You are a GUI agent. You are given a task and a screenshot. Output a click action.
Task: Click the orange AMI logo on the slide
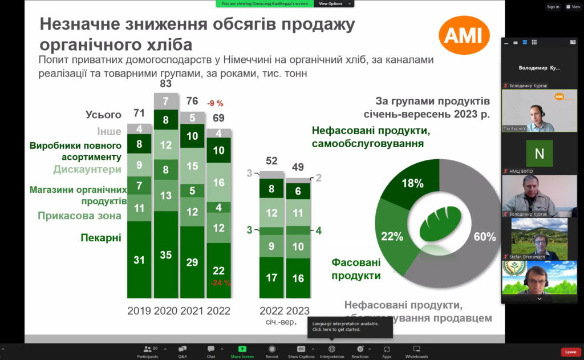pos(464,35)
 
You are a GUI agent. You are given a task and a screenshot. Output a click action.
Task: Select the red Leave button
pos(571,352)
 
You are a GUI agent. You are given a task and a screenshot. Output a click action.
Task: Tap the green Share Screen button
pos(242,351)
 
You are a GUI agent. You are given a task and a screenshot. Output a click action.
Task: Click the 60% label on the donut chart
pos(484,237)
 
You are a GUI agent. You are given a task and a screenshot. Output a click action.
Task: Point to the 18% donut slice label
pos(412,183)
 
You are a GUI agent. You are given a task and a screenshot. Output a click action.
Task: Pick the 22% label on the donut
pos(392,236)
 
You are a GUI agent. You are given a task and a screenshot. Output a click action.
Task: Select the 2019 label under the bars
pos(140,311)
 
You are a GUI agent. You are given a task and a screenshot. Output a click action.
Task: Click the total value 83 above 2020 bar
pos(166,84)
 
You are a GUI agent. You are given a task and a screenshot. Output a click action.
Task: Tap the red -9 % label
pos(215,103)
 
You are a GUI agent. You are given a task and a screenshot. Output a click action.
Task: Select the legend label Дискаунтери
pos(87,169)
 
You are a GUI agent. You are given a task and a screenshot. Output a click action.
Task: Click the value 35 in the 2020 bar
pos(166,255)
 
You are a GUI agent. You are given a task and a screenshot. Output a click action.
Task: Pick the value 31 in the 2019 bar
pos(139,260)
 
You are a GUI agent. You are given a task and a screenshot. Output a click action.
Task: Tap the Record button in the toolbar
pos(271,351)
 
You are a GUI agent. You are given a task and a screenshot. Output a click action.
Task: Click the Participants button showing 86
pos(147,351)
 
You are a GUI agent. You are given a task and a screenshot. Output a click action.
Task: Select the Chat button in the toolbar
pos(211,351)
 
